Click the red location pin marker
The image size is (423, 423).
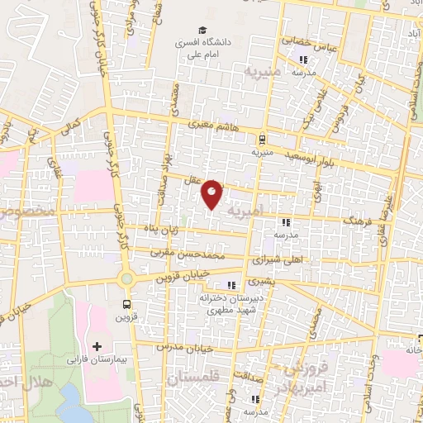tap(212, 193)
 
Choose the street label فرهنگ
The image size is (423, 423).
tap(357, 223)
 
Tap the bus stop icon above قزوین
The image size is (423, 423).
tap(126, 302)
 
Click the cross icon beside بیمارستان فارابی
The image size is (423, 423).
tap(97, 345)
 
